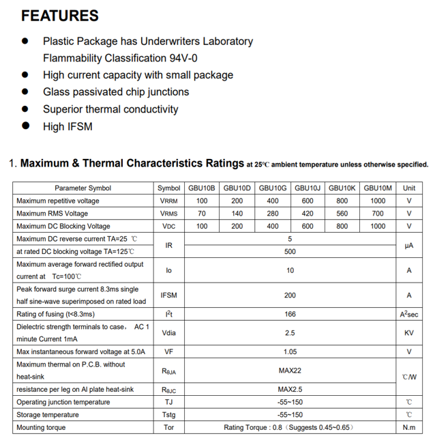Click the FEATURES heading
pyautogui.click(x=60, y=16)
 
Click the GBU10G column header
pyautogui.click(x=273, y=188)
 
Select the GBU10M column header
pyautogui.click(x=378, y=188)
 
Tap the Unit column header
pyautogui.click(x=409, y=188)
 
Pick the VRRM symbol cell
pyautogui.click(x=168, y=201)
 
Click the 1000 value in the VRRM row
pyautogui.click(x=378, y=201)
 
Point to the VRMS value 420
pyautogui.click(x=307, y=214)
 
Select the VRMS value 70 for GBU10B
pyautogui.click(x=202, y=214)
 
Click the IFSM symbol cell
pyautogui.click(x=168, y=295)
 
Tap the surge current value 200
pyautogui.click(x=290, y=295)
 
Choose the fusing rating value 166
pyautogui.click(x=290, y=314)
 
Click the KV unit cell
pyautogui.click(x=409, y=333)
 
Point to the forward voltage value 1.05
pyautogui.click(x=290, y=351)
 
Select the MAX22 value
pyautogui.click(x=290, y=371)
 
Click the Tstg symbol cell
pyautogui.click(x=168, y=414)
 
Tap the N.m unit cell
pyautogui.click(x=409, y=427)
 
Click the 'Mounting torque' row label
pyautogui.click(x=42, y=427)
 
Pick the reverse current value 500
pyautogui.click(x=290, y=251)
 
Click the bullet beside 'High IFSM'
pyautogui.click(x=26, y=126)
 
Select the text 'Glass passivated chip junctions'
pyautogui.click(x=116, y=91)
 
